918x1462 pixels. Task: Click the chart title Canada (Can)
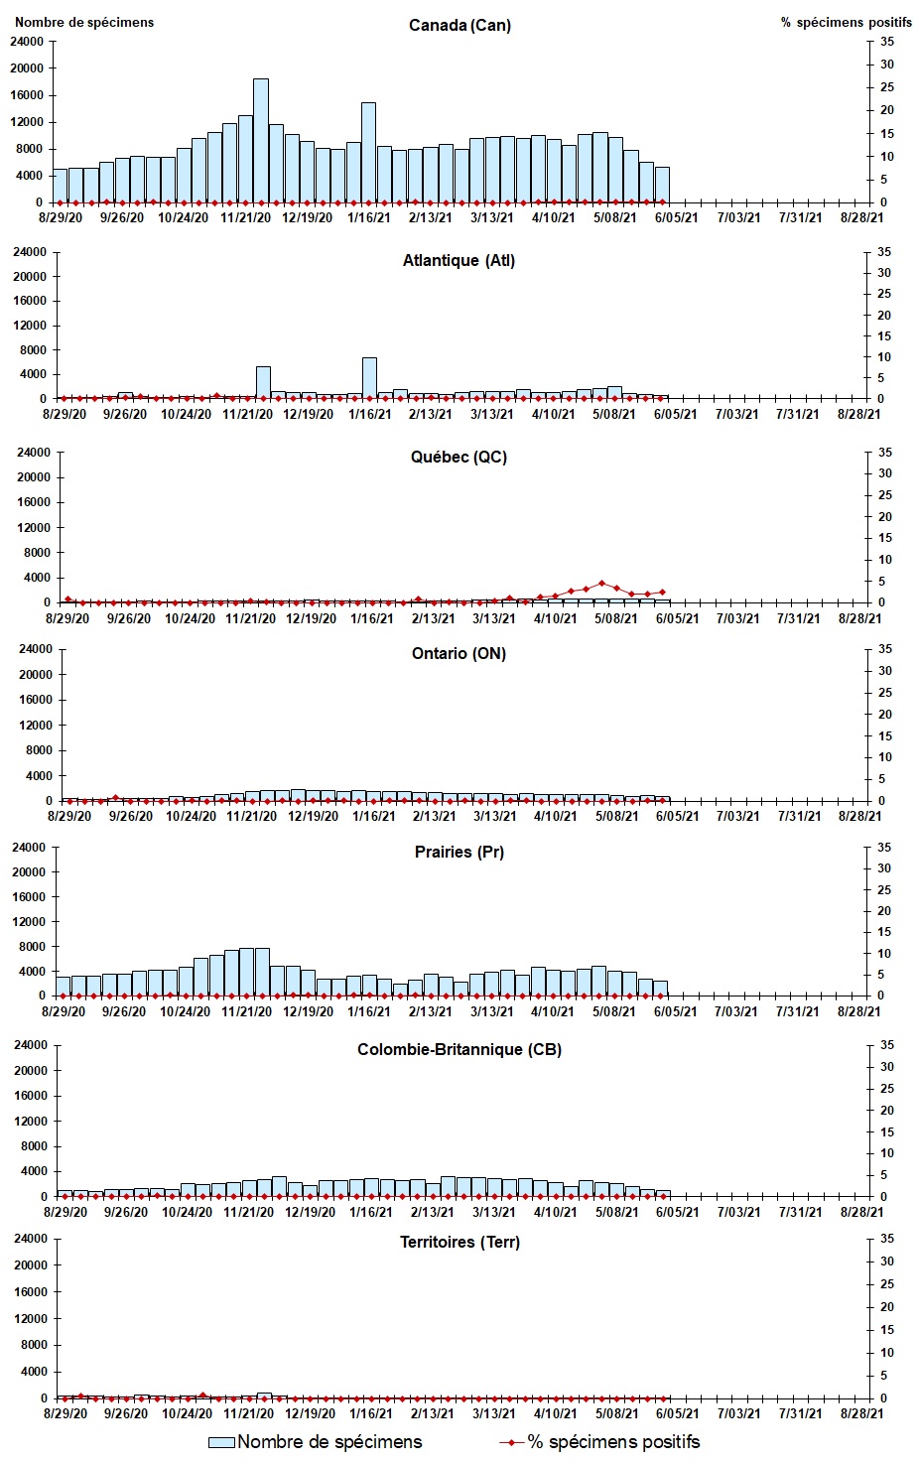(459, 25)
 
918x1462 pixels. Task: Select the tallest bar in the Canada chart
(260, 139)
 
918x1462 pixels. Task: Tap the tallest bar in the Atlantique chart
(369, 377)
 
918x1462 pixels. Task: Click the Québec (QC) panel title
(459, 457)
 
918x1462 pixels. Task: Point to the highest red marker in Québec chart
(601, 583)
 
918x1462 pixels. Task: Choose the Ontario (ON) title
(459, 653)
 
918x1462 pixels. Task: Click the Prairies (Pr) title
(459, 852)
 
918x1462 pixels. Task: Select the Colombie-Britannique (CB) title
(459, 1049)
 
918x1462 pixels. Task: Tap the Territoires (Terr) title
(459, 1242)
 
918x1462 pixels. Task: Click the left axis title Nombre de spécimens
(84, 22)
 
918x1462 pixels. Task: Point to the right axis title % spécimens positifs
(846, 22)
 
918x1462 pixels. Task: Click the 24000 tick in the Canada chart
(27, 42)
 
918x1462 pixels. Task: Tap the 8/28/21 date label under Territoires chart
(860, 1413)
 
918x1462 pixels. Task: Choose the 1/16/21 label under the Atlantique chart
(369, 414)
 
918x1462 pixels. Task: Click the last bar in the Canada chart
(662, 185)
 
